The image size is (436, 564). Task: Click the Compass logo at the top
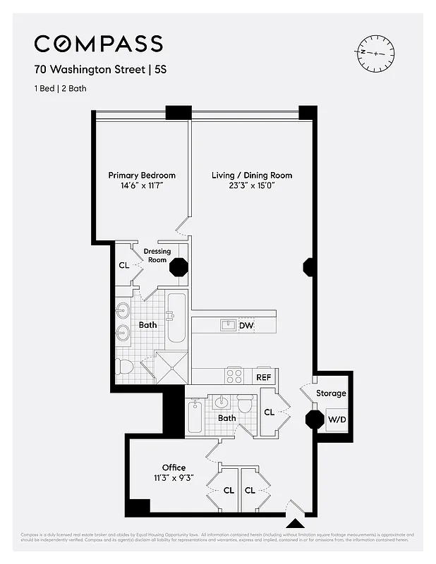pyautogui.click(x=99, y=44)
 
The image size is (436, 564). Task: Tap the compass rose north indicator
pyautogui.click(x=363, y=53)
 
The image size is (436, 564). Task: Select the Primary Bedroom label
pyautogui.click(x=142, y=176)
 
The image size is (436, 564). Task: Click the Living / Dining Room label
pyautogui.click(x=252, y=176)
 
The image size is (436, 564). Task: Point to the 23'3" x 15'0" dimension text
pyautogui.click(x=252, y=185)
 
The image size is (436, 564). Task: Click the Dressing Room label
pyautogui.click(x=157, y=255)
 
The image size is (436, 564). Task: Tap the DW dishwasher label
pyautogui.click(x=246, y=326)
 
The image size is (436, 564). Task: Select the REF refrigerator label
pyautogui.click(x=264, y=377)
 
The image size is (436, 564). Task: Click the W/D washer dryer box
pyautogui.click(x=336, y=419)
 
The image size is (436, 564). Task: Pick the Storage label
pyautogui.click(x=331, y=393)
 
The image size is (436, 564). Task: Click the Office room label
pyautogui.click(x=174, y=467)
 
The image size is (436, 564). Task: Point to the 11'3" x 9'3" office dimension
pyautogui.click(x=174, y=477)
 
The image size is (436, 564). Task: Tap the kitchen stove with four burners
pyautogui.click(x=234, y=376)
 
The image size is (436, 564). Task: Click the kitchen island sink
pyautogui.click(x=228, y=325)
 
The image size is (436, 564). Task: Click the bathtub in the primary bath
pyautogui.click(x=176, y=317)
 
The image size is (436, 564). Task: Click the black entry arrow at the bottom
pyautogui.click(x=295, y=523)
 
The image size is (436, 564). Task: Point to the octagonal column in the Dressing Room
pyautogui.click(x=179, y=268)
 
